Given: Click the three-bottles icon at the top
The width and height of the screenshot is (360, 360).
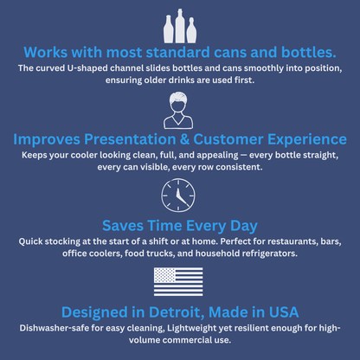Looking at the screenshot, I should click(x=179, y=25).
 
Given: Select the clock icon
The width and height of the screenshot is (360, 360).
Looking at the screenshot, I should click(x=178, y=196).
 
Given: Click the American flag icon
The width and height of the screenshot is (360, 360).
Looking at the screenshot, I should click(x=178, y=281).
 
